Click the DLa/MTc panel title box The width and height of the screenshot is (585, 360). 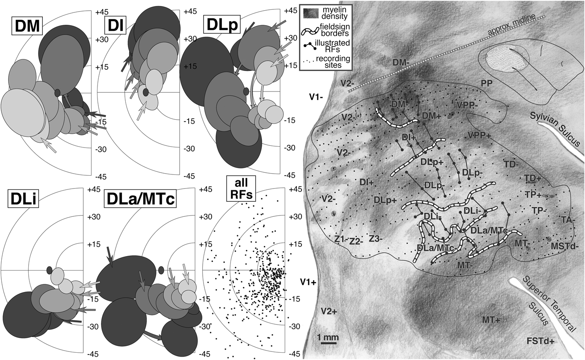point(139,200)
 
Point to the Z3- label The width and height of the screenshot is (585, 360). point(378,238)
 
